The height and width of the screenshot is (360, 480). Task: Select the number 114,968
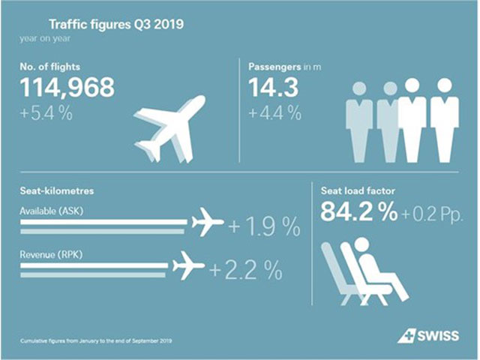click(x=67, y=88)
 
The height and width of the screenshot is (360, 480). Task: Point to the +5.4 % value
click(x=49, y=114)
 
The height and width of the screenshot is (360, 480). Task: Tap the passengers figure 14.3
click(x=274, y=88)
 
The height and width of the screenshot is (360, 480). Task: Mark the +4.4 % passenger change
click(x=275, y=114)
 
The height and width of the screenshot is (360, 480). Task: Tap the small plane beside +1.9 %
click(x=208, y=223)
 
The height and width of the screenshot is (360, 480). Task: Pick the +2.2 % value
click(x=244, y=268)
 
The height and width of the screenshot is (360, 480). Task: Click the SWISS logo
click(x=428, y=335)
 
